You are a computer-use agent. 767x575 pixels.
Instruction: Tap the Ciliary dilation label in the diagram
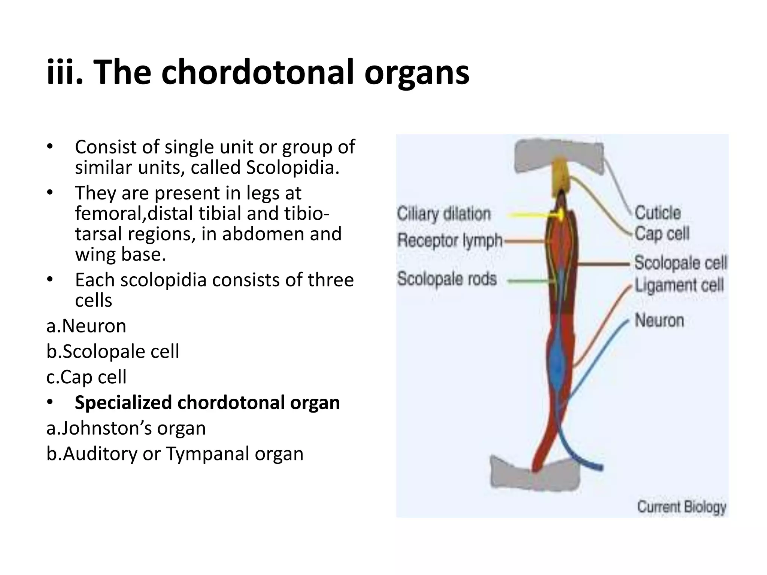pyautogui.click(x=444, y=214)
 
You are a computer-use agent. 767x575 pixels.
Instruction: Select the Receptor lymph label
pyautogui.click(x=449, y=240)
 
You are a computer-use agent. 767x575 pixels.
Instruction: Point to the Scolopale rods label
pyautogui.click(x=447, y=279)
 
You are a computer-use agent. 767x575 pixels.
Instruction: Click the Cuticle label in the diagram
pyautogui.click(x=658, y=213)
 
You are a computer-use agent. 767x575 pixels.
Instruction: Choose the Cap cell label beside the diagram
pyautogui.click(x=662, y=234)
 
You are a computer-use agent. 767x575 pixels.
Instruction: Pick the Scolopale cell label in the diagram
pyautogui.click(x=680, y=263)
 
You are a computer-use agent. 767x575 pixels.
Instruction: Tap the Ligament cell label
pyautogui.click(x=679, y=286)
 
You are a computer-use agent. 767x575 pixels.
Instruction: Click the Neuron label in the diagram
pyautogui.click(x=659, y=320)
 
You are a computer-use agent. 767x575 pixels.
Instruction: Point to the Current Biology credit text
pyautogui.click(x=682, y=507)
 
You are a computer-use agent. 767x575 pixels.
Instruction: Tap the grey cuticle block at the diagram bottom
pyautogui.click(x=536, y=475)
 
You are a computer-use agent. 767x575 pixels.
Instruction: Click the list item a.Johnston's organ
pyautogui.click(x=126, y=428)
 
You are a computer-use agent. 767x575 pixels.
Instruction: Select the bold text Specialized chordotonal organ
pyautogui.click(x=207, y=403)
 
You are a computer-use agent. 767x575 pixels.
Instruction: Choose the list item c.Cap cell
pyautogui.click(x=87, y=377)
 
